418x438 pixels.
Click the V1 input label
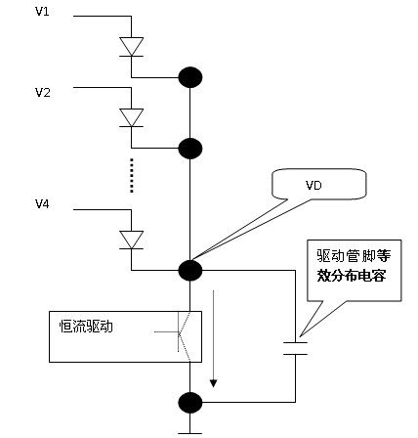(42, 12)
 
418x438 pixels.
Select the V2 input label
(43, 93)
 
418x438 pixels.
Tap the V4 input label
(42, 204)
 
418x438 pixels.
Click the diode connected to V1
(131, 47)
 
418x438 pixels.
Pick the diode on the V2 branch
(131, 117)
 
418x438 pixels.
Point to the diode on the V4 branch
(131, 240)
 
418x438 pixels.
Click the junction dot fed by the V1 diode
(190, 77)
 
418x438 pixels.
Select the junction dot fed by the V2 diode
(190, 149)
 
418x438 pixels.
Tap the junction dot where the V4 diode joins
(190, 270)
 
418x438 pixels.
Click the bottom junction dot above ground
(190, 403)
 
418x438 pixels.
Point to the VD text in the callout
(313, 186)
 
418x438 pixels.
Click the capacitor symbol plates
(295, 348)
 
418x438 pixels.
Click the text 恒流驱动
(86, 327)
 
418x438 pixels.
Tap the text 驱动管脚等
(354, 256)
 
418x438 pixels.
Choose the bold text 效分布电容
(352, 276)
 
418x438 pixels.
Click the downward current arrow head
(213, 383)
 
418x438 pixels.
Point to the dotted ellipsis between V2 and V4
(132, 175)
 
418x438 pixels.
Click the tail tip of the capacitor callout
(300, 336)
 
